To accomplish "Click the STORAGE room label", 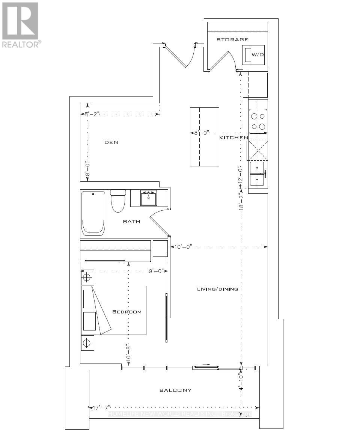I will click(x=232, y=39).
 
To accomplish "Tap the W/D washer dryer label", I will click(x=258, y=55).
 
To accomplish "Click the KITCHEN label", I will click(x=233, y=138).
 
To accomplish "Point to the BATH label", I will click(x=131, y=222).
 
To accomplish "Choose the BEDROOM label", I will click(x=127, y=312).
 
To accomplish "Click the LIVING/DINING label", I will click(x=218, y=289).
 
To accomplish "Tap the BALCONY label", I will click(x=175, y=390).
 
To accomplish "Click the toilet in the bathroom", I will click(x=118, y=201).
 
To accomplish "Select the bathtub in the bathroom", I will click(x=93, y=213).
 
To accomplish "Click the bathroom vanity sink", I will click(x=149, y=198).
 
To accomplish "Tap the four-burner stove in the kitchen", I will click(x=258, y=121).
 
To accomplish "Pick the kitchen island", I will click(x=205, y=137).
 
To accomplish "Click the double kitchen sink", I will click(x=258, y=174).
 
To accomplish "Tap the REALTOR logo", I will click(x=20, y=25).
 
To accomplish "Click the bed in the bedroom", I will click(x=114, y=310).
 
